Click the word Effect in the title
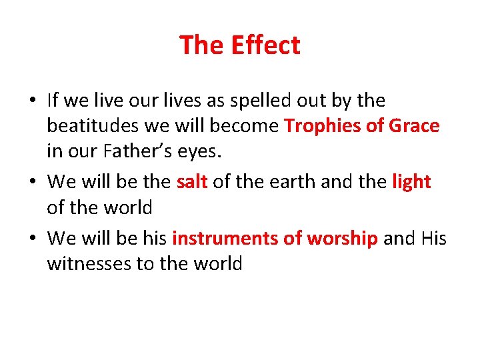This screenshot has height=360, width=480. click(x=265, y=45)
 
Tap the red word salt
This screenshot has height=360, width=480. click(x=192, y=181)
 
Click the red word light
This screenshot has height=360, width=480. click(x=411, y=181)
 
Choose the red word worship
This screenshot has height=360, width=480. click(x=342, y=238)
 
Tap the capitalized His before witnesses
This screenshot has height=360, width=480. click(x=434, y=238)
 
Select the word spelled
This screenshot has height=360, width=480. click(x=257, y=101)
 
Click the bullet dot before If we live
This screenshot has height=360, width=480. click(x=32, y=101)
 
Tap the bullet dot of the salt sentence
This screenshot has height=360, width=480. click(x=32, y=182)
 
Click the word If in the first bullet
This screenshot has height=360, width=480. click(x=53, y=101)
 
